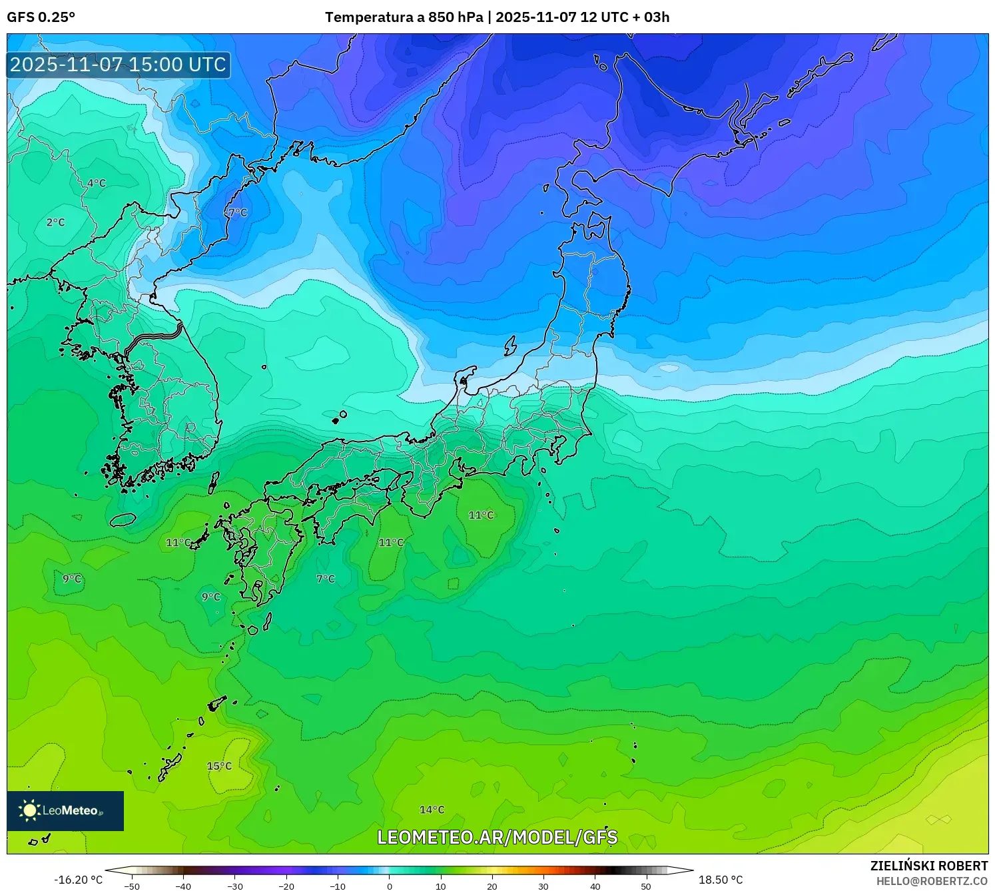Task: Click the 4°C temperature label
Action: [97, 183]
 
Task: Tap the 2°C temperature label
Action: [56, 222]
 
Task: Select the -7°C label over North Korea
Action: [236, 212]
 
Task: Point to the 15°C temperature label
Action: [219, 766]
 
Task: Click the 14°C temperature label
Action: [432, 810]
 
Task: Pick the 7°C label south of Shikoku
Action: [326, 579]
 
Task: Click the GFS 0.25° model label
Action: [41, 17]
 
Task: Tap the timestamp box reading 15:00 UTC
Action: [119, 65]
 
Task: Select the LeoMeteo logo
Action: [65, 810]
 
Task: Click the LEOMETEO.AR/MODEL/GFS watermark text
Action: [497, 837]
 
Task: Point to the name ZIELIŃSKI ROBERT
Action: [929, 866]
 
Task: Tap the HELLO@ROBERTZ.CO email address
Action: [932, 881]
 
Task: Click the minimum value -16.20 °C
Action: [79, 880]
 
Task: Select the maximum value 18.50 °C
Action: [721, 880]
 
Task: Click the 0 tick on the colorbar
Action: [390, 886]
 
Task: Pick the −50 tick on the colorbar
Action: [132, 886]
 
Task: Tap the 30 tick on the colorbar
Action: [543, 886]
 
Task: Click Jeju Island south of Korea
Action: [123, 519]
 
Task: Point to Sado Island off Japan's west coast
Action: [511, 346]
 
